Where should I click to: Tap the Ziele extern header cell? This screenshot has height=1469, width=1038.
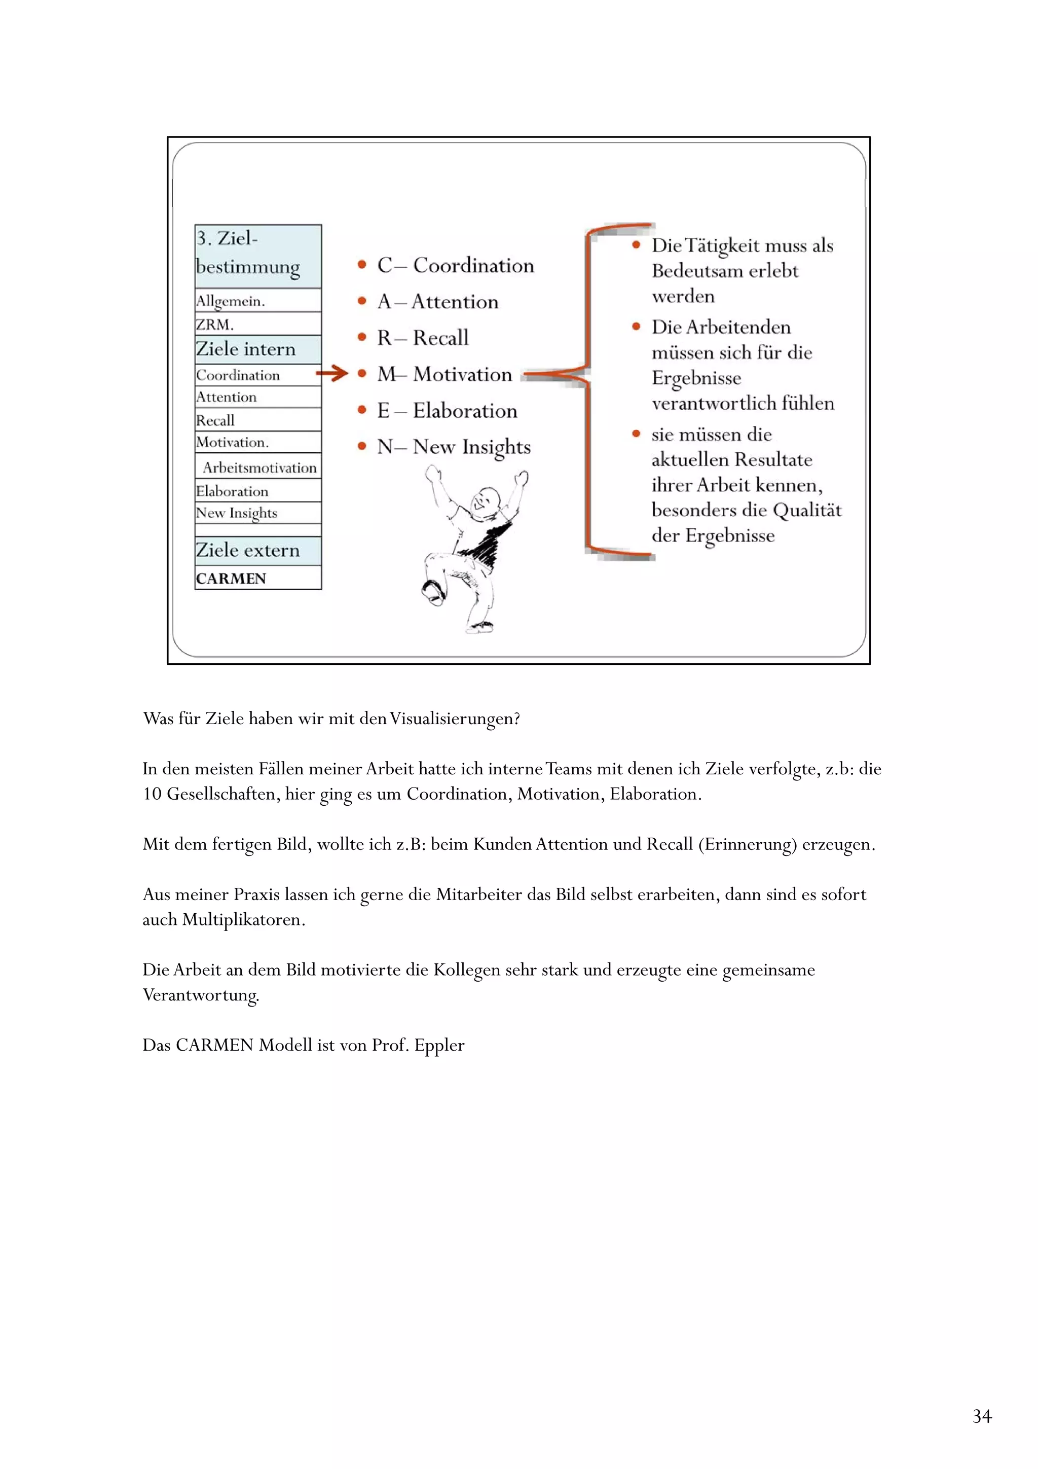point(258,550)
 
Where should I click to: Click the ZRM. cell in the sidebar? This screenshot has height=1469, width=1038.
point(258,325)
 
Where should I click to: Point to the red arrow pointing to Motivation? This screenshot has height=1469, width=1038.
point(332,373)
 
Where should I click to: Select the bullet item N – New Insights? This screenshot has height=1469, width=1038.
point(454,447)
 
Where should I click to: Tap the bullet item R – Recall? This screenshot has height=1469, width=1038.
point(422,338)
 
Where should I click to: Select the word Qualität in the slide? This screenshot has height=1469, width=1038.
point(806,511)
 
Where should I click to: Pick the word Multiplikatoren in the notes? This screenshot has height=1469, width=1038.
point(243,920)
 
